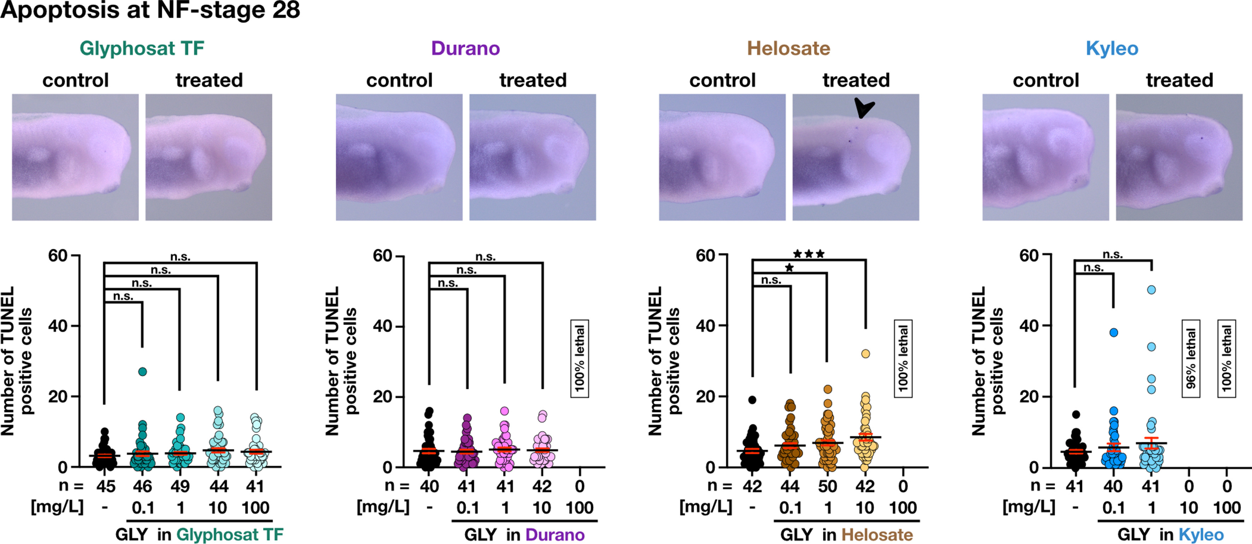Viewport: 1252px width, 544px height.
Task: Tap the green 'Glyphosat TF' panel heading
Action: pos(142,48)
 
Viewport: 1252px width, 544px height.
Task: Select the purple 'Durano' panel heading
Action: pos(465,48)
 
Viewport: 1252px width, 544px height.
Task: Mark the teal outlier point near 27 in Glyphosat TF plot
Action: pos(142,372)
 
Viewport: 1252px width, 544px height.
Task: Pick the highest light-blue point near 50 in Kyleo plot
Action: pos(1151,290)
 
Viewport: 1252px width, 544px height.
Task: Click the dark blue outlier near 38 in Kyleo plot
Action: pos(1113,333)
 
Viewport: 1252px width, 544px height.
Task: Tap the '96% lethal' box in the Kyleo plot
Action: pos(1191,358)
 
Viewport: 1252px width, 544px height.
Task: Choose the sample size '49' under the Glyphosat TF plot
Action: pos(180,486)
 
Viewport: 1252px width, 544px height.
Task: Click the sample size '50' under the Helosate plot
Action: pos(828,486)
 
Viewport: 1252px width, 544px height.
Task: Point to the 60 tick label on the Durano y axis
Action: pos(382,256)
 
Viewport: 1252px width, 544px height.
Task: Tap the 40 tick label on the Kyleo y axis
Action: pos(1029,326)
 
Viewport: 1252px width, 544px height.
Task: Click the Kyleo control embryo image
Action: pos(1045,157)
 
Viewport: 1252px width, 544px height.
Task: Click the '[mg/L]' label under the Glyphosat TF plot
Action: pos(57,507)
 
